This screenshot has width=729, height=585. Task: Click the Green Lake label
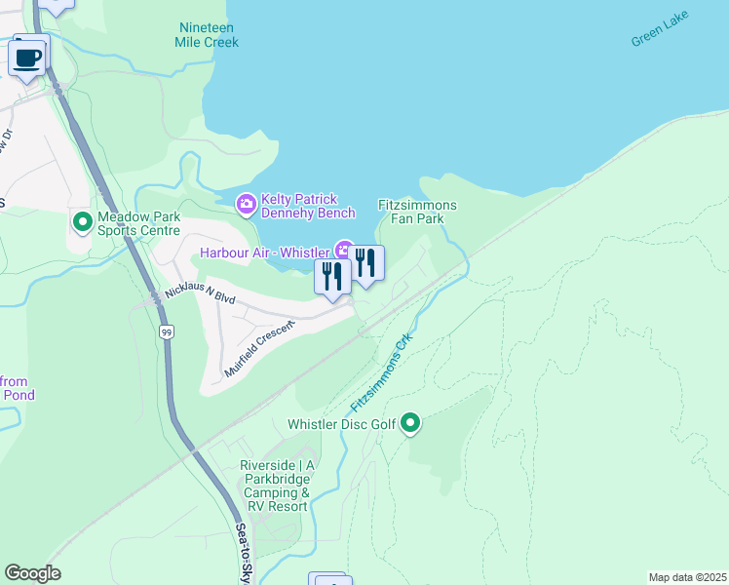(659, 29)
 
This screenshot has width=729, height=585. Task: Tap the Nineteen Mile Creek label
(207, 35)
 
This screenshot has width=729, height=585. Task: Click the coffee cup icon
(28, 57)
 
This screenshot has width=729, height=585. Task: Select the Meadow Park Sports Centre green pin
(83, 223)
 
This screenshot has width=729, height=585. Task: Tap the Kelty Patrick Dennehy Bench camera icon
(246, 204)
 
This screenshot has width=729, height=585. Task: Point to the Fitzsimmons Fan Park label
(417, 212)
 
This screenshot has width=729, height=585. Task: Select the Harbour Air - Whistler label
(263, 253)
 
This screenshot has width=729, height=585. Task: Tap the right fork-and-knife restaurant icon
(365, 263)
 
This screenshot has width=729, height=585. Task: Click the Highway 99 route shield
(168, 332)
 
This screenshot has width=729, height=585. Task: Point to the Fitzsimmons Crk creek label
(382, 373)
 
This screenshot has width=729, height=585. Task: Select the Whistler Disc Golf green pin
(410, 423)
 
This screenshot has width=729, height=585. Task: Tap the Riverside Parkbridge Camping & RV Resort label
(277, 486)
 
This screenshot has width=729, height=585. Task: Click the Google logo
(32, 573)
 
